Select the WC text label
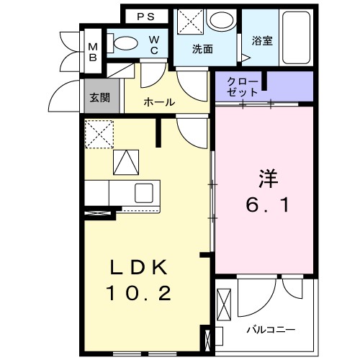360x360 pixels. pyautogui.click(x=154, y=45)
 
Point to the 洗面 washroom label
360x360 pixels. pyautogui.click(x=202, y=50)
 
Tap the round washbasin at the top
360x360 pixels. pyautogui.click(x=220, y=19)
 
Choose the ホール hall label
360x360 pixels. pyautogui.click(x=159, y=102)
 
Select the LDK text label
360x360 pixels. pyautogui.click(x=138, y=269)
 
